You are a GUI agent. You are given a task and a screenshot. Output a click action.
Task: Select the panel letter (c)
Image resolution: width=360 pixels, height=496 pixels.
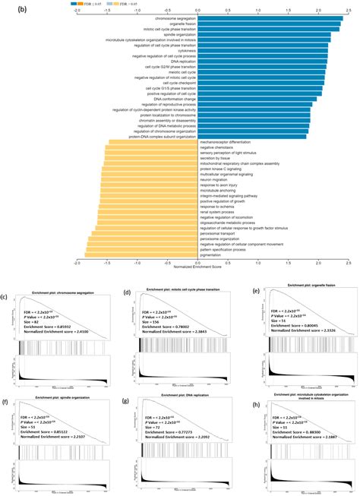pyautogui.click(x=5, y=292)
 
